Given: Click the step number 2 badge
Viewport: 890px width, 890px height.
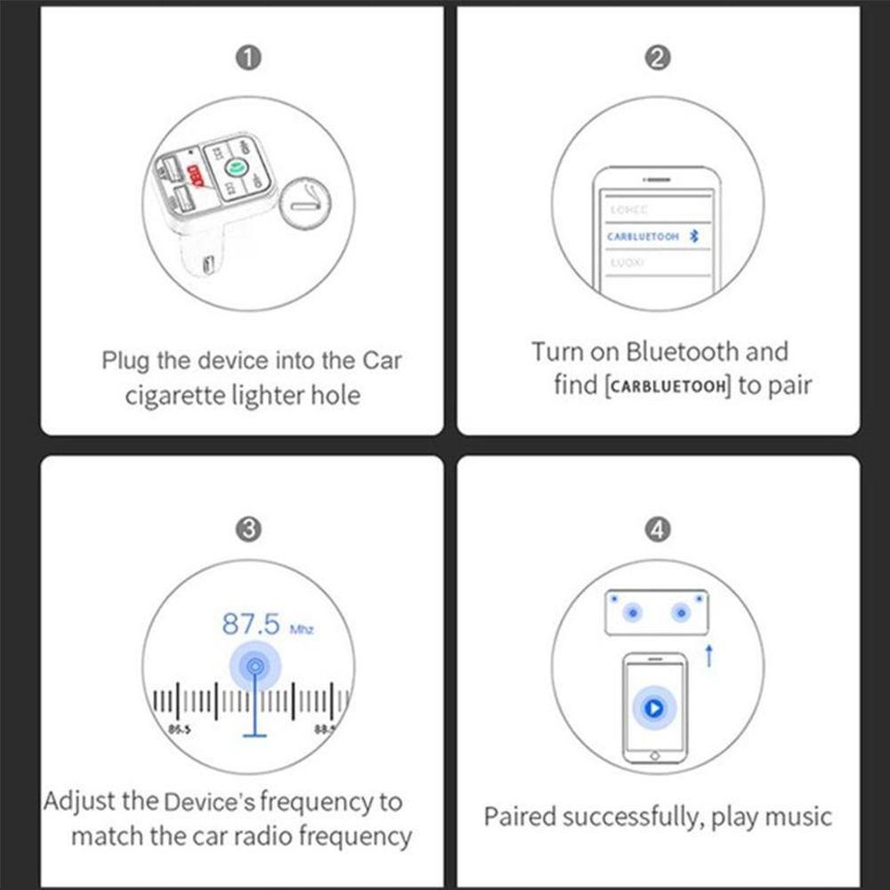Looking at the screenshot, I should pyautogui.click(x=657, y=59).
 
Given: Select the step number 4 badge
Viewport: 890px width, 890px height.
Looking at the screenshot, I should pyautogui.click(x=657, y=530).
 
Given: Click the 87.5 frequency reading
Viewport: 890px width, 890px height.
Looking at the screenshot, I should pyautogui.click(x=251, y=624).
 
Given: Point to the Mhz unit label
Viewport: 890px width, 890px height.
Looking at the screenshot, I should pyautogui.click(x=302, y=629).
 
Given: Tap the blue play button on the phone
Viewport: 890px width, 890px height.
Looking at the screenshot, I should pyautogui.click(x=654, y=708).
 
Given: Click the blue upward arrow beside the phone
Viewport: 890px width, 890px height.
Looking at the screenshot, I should pyautogui.click(x=708, y=657).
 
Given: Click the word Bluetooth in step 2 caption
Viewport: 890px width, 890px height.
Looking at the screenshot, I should pyautogui.click(x=681, y=352).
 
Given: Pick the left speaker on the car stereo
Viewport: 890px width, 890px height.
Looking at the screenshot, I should pyautogui.click(x=632, y=612).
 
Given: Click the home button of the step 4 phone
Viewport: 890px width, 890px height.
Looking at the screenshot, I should pyautogui.click(x=655, y=755).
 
